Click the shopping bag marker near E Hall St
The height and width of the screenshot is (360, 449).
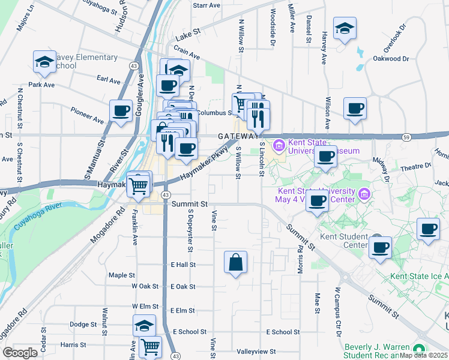[236, 262]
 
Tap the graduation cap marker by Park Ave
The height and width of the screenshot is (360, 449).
[44, 62]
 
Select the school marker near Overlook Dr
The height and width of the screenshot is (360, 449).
[345, 29]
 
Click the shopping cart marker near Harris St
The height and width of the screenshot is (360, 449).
[150, 347]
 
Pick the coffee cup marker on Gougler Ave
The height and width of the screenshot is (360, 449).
[121, 111]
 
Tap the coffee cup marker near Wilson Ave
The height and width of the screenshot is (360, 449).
[355, 109]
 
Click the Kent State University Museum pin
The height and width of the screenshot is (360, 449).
[279, 146]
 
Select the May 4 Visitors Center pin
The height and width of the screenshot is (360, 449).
[363, 194]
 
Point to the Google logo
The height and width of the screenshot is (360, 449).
[20, 352]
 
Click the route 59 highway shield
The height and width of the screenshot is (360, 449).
[406, 137]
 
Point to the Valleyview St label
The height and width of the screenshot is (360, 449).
[256, 352]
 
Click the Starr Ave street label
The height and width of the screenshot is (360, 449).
[206, 5]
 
